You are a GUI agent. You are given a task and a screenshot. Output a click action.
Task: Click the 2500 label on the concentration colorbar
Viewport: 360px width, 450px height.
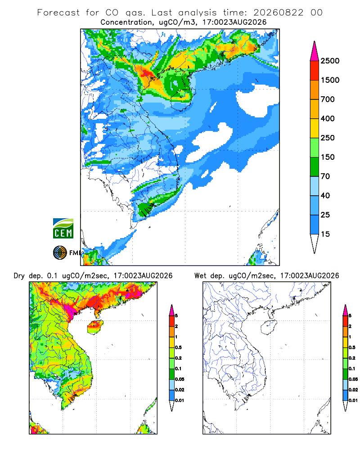pyautogui.click(x=330, y=61)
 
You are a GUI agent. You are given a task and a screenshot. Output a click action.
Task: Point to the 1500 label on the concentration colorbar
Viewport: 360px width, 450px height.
pyautogui.click(x=330, y=80)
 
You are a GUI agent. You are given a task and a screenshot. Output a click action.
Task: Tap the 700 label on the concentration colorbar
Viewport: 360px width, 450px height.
pyautogui.click(x=328, y=99)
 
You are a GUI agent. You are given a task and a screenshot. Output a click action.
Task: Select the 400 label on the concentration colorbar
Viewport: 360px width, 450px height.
pyautogui.click(x=328, y=118)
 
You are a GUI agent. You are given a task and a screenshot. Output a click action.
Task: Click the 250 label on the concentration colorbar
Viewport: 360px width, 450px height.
pyautogui.click(x=328, y=138)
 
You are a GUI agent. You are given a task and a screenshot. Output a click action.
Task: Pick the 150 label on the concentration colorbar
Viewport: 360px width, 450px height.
pyautogui.click(x=328, y=157)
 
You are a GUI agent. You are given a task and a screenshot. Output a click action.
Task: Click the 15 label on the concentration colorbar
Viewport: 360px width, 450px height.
pyautogui.click(x=325, y=234)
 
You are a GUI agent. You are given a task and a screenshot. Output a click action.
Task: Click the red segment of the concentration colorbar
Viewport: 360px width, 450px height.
pyautogui.click(x=315, y=71)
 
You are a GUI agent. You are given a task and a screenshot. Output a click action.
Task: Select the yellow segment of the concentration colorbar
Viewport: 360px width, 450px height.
pyautogui.click(x=315, y=128)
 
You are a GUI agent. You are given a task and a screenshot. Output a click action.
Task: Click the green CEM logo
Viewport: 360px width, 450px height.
pyautogui.click(x=63, y=229)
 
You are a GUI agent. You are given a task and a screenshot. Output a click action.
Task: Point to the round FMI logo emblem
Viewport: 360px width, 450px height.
pyautogui.click(x=60, y=253)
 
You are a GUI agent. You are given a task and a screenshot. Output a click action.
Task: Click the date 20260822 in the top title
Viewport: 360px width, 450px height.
pyautogui.click(x=278, y=13)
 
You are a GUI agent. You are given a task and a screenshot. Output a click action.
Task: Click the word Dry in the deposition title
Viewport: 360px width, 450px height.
pyautogui.click(x=19, y=276)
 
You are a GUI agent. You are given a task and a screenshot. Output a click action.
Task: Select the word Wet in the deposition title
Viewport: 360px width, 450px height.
pyautogui.click(x=200, y=276)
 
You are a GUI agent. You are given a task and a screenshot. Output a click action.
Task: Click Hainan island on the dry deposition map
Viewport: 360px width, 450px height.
pyautogui.click(x=95, y=327)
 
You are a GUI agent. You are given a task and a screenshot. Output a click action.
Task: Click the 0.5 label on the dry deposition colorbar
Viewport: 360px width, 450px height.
pyautogui.click(x=178, y=347)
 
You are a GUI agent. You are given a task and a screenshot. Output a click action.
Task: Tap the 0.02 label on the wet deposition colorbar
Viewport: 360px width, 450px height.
pyautogui.click(x=353, y=390)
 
